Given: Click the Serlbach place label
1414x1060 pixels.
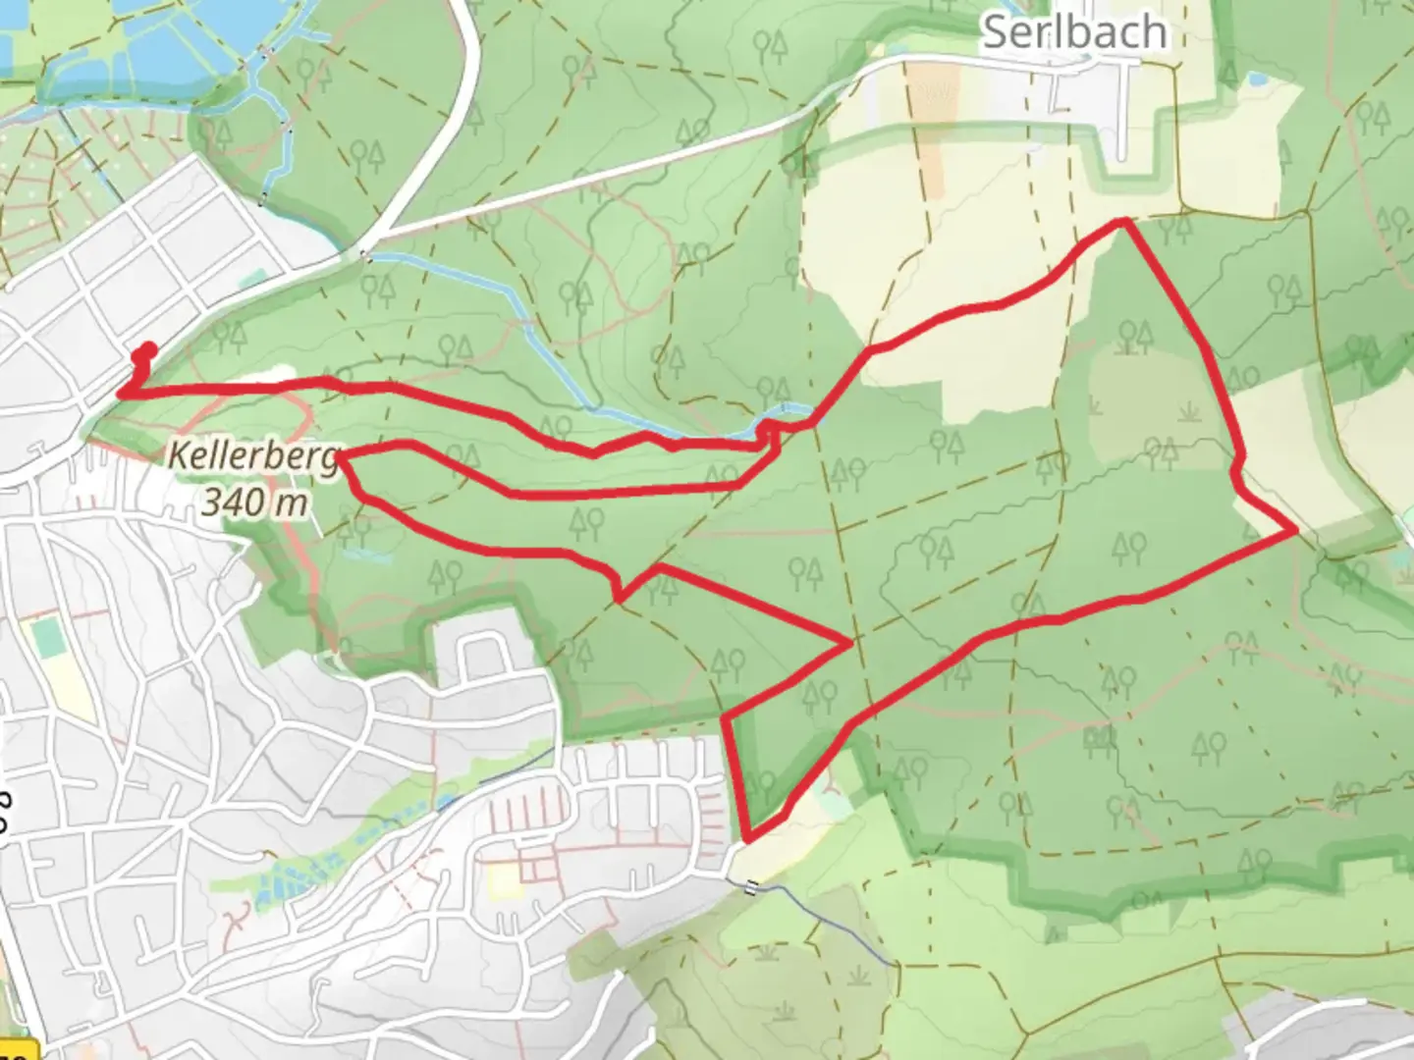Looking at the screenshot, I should [1074, 31].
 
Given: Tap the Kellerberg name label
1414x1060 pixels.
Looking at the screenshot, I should [253, 455].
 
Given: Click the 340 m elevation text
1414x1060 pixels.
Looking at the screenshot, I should [254, 502].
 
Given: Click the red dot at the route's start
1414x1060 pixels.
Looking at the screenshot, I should [148, 348].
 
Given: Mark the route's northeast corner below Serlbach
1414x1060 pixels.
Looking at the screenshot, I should [1123, 223].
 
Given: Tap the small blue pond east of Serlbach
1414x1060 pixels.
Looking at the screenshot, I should [1256, 79].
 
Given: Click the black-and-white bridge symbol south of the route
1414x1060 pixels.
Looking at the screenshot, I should [751, 887].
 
